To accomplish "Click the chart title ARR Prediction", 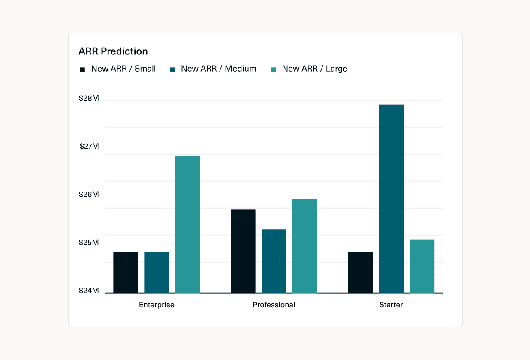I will point(113,51).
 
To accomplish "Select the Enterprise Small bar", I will point(126,272).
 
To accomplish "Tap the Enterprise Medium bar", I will point(157,272).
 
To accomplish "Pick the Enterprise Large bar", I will point(187,225).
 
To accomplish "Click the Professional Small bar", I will point(243,251).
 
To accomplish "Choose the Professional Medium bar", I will point(274,261).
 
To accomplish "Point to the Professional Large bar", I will point(305,246).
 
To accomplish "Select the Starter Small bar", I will point(360,272).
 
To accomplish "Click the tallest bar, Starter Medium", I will point(391,199).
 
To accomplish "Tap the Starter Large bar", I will point(422,266).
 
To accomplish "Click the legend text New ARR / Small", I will point(123,69).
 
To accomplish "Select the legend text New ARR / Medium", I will point(219,69).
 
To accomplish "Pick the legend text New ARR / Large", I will point(314,69).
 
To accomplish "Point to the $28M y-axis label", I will point(89,99).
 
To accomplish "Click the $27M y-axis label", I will point(89,147).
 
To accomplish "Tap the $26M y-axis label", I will point(89,195).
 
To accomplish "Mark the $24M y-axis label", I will point(89,291).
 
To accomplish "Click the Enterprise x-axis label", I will point(157,305).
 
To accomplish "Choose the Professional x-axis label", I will point(274,305).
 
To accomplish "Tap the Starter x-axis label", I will point(391,305).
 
